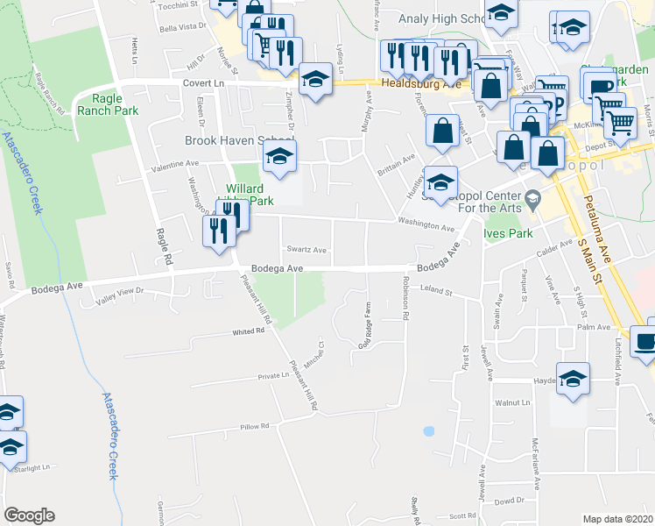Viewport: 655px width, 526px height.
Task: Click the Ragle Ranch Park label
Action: click(x=102, y=105)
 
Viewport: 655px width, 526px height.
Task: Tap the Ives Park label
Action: click(x=509, y=234)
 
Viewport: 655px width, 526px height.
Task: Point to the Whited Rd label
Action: click(x=248, y=331)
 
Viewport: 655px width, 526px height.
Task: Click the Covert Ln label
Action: click(x=204, y=82)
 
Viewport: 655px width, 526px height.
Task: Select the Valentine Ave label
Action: click(x=176, y=164)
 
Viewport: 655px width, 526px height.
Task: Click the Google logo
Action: click(x=29, y=515)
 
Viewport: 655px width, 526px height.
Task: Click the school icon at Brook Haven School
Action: click(x=280, y=157)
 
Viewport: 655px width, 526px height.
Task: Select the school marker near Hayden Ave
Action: click(x=573, y=379)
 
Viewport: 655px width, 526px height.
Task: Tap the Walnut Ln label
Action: click(x=514, y=402)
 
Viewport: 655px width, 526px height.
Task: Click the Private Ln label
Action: click(x=273, y=375)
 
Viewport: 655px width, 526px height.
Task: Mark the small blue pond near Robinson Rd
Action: click(x=428, y=431)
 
